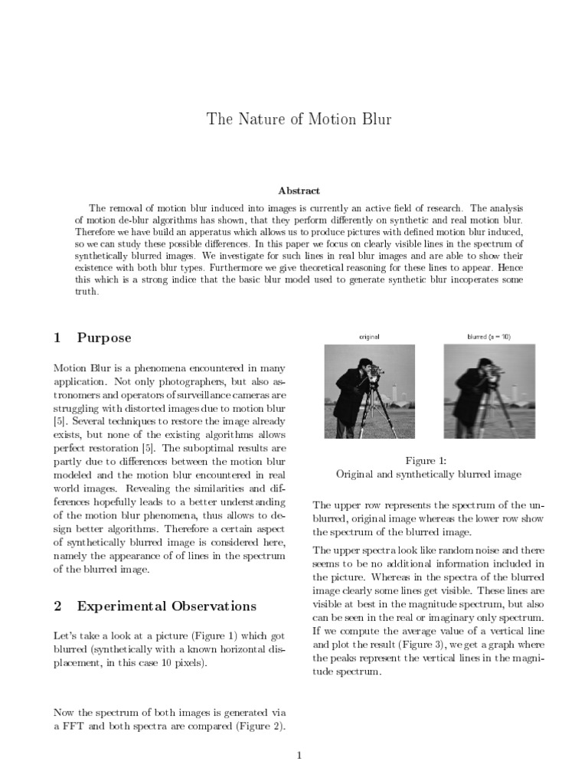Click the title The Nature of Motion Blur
(x=299, y=119)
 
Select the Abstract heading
(x=299, y=191)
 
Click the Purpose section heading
(x=104, y=338)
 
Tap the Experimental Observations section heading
(x=167, y=606)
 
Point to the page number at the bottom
(x=299, y=756)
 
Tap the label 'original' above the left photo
(x=369, y=336)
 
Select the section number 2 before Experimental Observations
(x=57, y=606)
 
